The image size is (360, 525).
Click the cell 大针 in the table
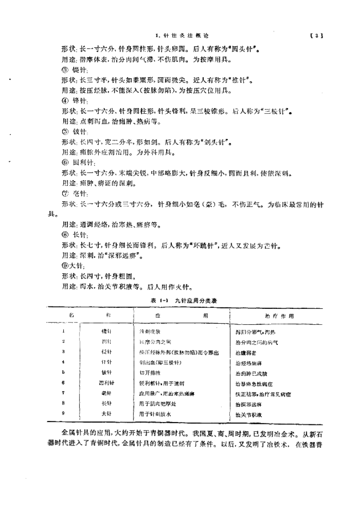click(107, 414)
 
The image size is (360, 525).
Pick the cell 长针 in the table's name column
click(107, 403)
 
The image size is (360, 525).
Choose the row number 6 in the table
click(63, 382)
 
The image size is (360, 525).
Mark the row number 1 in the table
click(63, 331)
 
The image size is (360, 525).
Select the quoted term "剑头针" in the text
click(213, 142)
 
